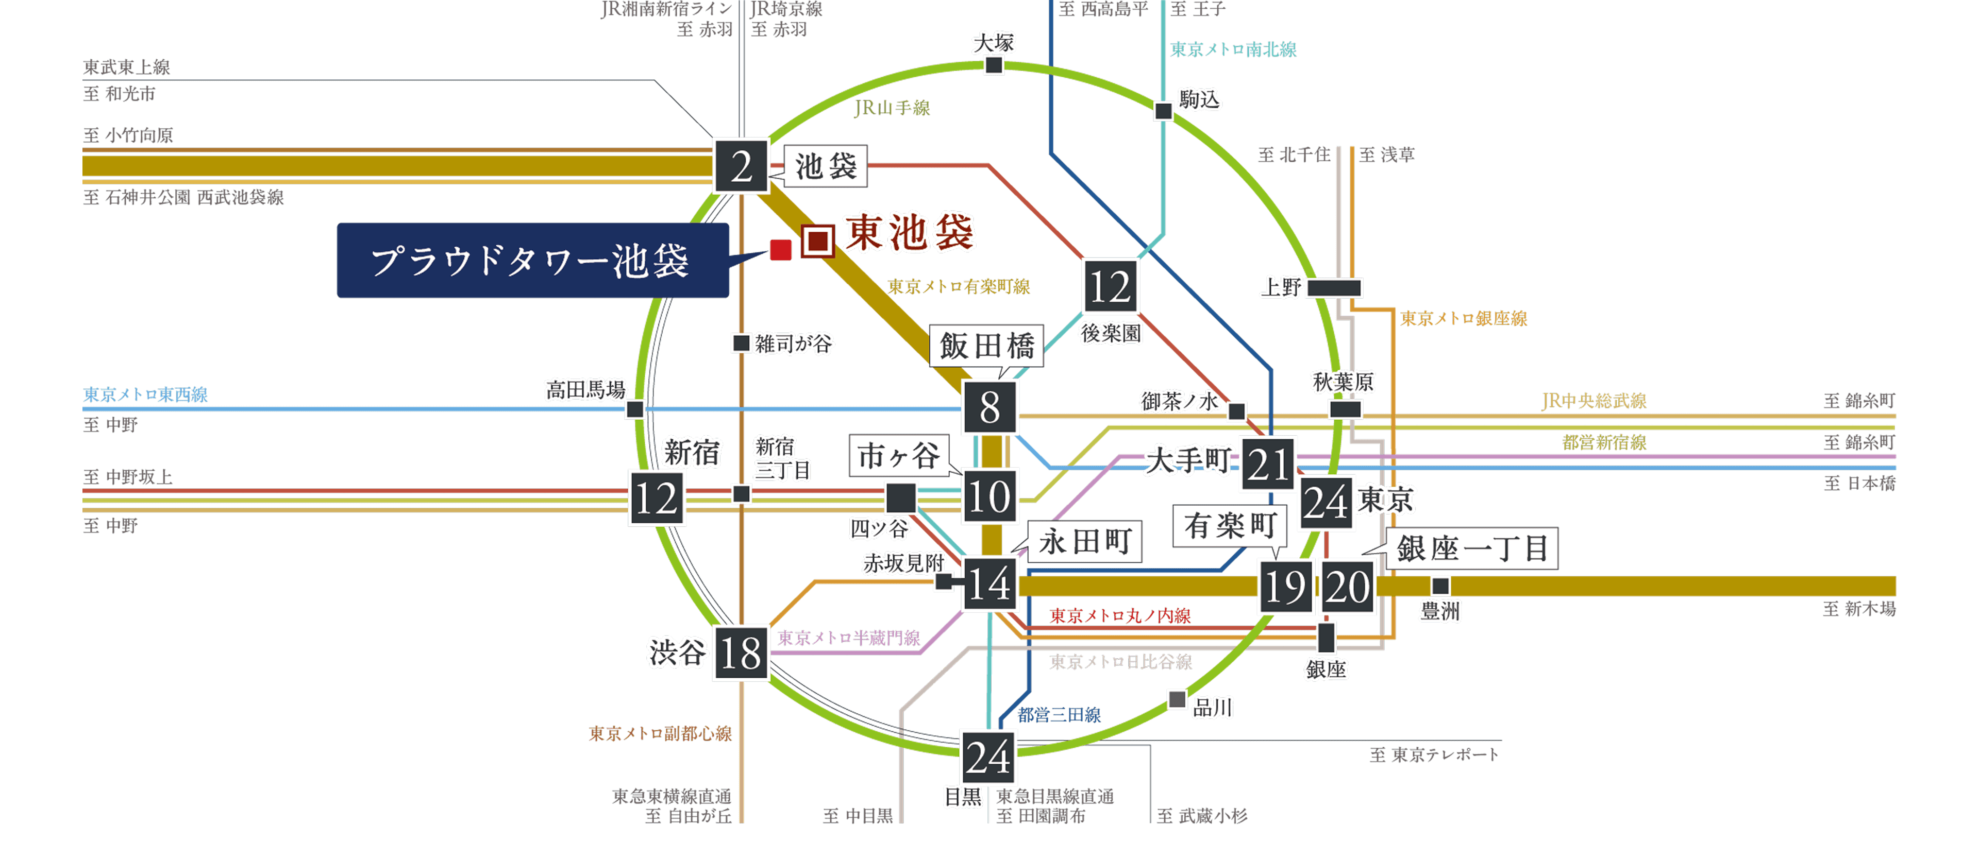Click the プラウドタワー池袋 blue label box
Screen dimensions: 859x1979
[x=532, y=260]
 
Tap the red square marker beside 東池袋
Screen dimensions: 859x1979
[x=781, y=249]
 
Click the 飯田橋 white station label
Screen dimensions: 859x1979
[x=986, y=346]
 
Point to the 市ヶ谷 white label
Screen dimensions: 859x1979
[x=899, y=455]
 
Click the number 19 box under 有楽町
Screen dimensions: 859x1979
[x=1284, y=587]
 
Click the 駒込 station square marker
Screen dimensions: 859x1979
[x=1163, y=111]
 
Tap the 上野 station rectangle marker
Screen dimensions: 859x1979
[x=1334, y=288]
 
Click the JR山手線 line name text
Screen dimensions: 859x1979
[x=891, y=108]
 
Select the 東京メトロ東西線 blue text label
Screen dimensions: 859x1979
[x=145, y=394]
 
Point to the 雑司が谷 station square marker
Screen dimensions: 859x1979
[x=741, y=342]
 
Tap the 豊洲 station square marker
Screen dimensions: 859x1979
[x=1440, y=586]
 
